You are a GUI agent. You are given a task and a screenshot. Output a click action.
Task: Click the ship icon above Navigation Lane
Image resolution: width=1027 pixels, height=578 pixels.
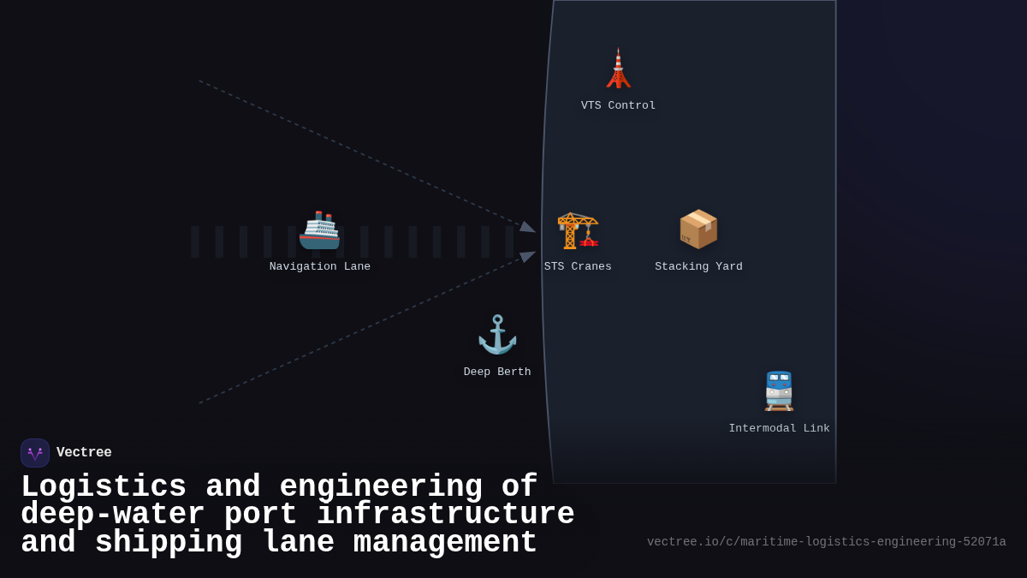click(319, 229)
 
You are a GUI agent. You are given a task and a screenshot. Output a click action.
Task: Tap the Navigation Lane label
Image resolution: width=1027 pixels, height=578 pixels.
click(320, 266)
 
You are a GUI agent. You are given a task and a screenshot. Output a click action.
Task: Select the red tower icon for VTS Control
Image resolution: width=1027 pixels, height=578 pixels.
click(618, 69)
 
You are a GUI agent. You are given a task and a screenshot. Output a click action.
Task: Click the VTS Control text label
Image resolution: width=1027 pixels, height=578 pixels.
click(618, 105)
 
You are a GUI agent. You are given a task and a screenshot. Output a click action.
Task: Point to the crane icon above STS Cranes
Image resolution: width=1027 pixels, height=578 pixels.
click(578, 229)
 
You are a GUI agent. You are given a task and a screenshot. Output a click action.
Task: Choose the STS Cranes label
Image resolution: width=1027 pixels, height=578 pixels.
click(578, 266)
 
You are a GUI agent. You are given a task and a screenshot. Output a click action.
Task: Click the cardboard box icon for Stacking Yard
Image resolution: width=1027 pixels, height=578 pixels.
click(698, 229)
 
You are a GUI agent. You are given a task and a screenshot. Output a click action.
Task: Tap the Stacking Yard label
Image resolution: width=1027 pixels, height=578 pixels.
click(698, 266)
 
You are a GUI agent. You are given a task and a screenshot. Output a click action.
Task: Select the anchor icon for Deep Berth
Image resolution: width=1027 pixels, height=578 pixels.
click(497, 335)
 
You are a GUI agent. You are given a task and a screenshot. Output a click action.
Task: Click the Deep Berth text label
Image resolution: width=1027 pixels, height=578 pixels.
click(497, 372)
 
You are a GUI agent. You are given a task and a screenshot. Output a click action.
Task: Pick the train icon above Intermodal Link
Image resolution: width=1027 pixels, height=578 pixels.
click(779, 391)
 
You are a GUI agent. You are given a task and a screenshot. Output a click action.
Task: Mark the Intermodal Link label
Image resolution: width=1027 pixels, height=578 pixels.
click(779, 428)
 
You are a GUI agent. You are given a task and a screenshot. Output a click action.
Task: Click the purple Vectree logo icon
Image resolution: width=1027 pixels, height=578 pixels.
click(35, 453)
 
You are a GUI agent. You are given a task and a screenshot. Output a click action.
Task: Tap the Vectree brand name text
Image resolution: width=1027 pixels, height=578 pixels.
click(84, 453)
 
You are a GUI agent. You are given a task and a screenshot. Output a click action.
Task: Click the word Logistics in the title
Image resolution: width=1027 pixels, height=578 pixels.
click(104, 487)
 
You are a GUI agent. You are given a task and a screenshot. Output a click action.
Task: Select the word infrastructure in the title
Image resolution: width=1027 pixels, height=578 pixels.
click(445, 515)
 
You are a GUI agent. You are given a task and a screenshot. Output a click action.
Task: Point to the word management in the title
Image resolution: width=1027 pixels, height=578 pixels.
click(445, 543)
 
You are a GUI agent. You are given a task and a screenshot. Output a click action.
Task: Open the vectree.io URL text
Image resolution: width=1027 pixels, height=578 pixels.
click(826, 542)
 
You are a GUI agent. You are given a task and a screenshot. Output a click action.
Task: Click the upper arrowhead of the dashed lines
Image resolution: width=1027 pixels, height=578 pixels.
click(527, 227)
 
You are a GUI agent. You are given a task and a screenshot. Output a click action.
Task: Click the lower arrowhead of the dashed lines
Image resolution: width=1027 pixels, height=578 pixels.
click(527, 256)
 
